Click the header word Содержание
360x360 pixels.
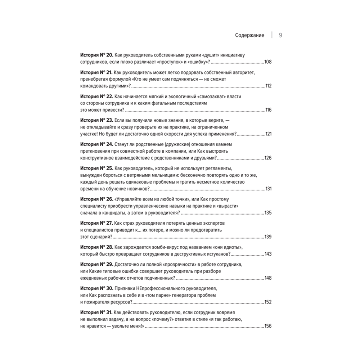pyautogui.click(x=249, y=35)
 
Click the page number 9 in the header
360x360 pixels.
pyautogui.click(x=280, y=35)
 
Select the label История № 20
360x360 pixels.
pyautogui.click(x=96, y=55)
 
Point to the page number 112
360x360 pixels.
pyautogui.click(x=268, y=86)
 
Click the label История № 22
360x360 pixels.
pyautogui.click(x=96, y=96)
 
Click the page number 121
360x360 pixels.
pyautogui.click(x=268, y=134)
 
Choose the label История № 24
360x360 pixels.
pyautogui.click(x=96, y=144)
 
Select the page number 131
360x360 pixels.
pyautogui.click(x=268, y=189)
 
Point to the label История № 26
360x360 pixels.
pyautogui.click(x=96, y=199)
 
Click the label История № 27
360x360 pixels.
pyautogui.click(x=96, y=223)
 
